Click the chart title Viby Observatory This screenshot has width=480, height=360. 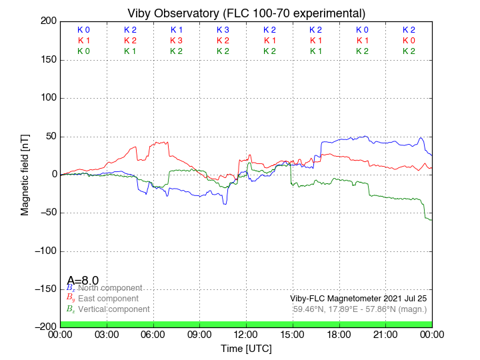247,13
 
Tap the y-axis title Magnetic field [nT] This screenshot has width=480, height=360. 25,173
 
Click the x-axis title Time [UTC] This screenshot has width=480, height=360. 247,349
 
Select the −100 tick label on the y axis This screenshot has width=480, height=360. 44,251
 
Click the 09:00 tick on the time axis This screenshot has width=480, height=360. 200,334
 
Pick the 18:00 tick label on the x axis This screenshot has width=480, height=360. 339,334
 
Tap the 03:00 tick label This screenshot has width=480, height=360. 107,334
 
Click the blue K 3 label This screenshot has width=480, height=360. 223,30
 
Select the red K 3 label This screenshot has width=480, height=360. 177,41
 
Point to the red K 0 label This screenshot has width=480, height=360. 409,41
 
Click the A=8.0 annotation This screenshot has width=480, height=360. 83,281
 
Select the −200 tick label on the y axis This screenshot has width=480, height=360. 44,327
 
